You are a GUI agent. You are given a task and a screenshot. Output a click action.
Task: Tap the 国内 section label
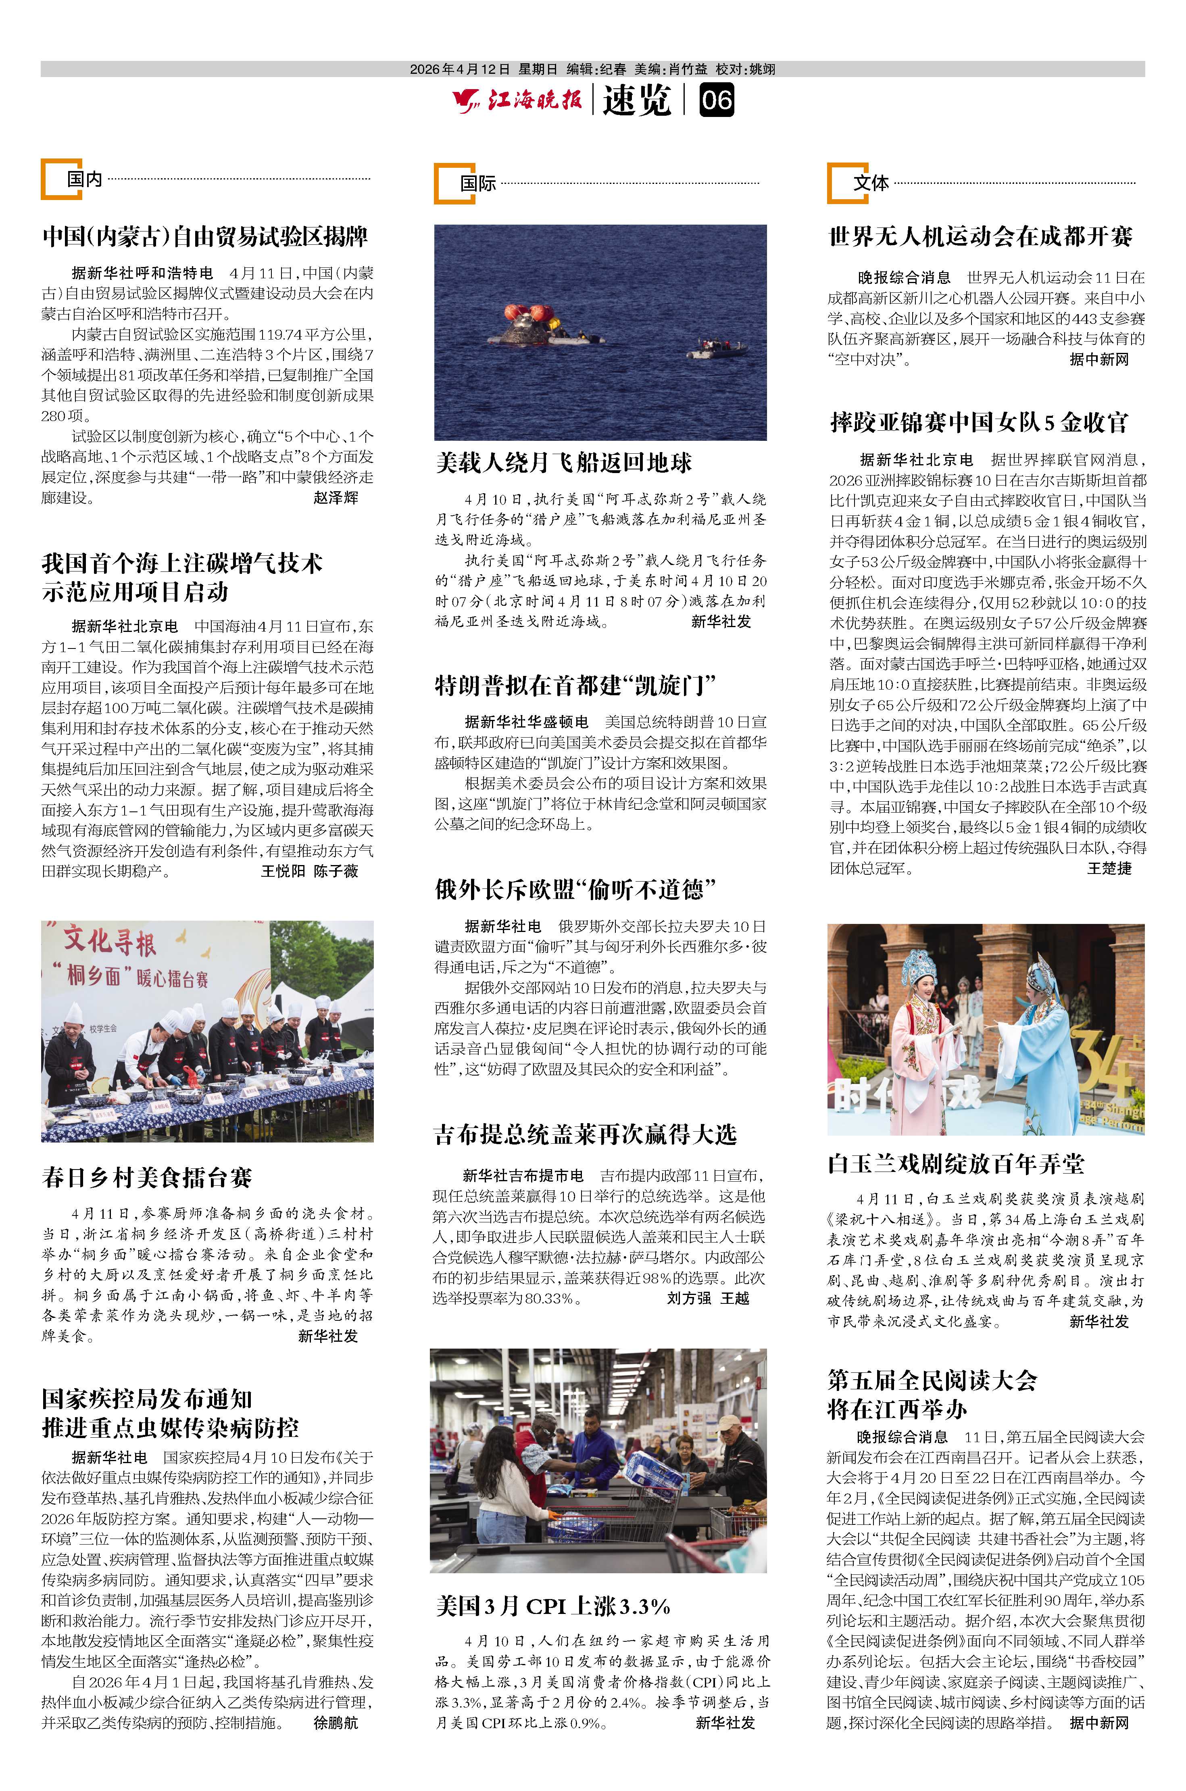[x=84, y=179]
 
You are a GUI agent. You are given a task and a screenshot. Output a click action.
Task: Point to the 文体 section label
[x=871, y=183]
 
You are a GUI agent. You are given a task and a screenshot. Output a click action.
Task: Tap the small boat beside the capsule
[x=716, y=349]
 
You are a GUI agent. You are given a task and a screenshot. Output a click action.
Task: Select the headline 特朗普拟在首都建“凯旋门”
[x=575, y=685]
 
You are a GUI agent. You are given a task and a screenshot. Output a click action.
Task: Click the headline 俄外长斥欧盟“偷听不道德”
[x=575, y=889]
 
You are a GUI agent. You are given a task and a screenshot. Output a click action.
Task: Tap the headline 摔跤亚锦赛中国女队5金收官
[x=979, y=422]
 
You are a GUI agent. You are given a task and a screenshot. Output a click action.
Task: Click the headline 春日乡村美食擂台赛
[x=147, y=1178]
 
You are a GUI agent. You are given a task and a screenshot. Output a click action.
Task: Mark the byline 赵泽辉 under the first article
[x=336, y=498]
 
